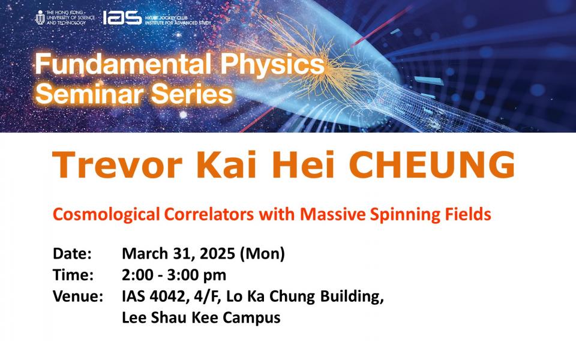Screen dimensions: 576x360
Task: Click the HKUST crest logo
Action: [x=40, y=17]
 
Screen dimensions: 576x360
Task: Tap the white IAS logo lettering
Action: [x=122, y=17]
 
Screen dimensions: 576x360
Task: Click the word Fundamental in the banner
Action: [x=123, y=64]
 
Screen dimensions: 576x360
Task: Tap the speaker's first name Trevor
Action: [x=118, y=164]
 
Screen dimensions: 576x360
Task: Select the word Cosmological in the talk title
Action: [x=106, y=215]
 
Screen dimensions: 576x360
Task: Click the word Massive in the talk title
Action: [x=332, y=214]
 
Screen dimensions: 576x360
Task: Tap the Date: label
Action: [x=72, y=253]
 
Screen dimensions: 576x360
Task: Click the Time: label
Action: [x=73, y=275]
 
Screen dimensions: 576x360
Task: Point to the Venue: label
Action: [x=78, y=296]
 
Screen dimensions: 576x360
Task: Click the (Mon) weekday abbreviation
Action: [x=262, y=254]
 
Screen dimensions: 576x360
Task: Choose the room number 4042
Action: [x=167, y=296]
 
